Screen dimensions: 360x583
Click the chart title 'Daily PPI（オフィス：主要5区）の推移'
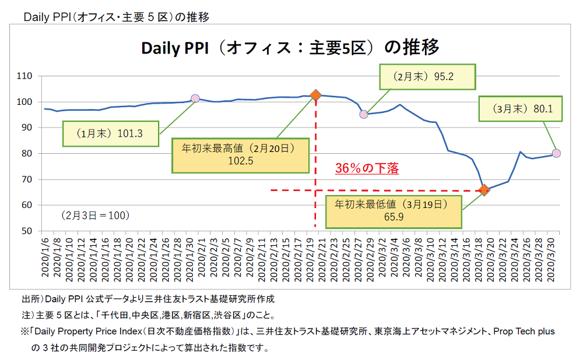point(290,48)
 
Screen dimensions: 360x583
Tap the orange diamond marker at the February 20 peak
point(315,95)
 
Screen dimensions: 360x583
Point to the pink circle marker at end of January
point(195,98)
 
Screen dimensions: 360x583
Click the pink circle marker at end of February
point(364,114)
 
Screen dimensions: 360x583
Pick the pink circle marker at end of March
point(556,153)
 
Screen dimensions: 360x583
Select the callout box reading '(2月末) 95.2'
point(427,76)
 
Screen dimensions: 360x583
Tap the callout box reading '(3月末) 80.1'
point(521,108)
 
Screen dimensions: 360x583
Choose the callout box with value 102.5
point(240,155)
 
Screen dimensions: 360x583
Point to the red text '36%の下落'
point(367,169)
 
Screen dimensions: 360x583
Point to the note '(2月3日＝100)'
point(95,215)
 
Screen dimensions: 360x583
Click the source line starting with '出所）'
point(147,300)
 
